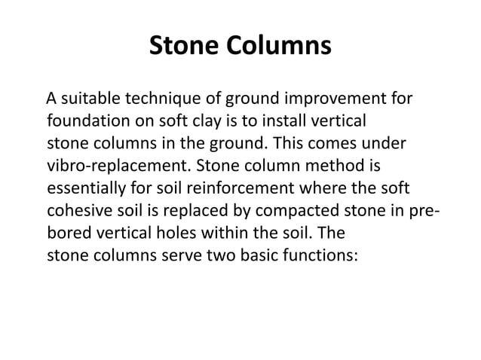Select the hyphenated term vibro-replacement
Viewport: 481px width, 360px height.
click(115, 163)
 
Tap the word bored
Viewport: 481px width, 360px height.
click(68, 229)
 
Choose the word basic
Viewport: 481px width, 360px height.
click(259, 251)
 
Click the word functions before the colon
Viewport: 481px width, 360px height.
click(325, 251)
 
